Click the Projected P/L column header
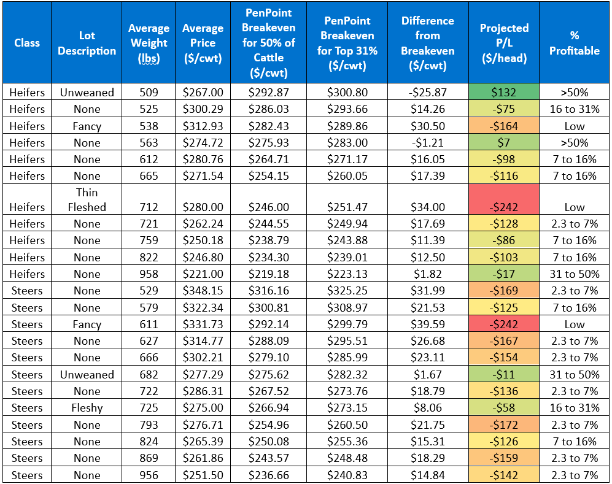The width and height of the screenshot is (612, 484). (x=503, y=43)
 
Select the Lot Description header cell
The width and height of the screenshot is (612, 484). (x=87, y=43)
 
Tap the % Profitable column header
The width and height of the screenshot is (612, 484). (x=574, y=43)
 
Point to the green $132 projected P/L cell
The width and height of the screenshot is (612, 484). (x=503, y=93)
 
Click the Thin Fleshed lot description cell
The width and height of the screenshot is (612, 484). (x=87, y=199)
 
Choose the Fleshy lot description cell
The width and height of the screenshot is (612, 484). (x=87, y=408)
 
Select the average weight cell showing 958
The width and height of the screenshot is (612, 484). (x=149, y=274)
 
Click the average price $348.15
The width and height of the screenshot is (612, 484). (x=203, y=291)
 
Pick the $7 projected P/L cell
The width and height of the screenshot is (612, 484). (x=503, y=143)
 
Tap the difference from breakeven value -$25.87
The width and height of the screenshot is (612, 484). (x=427, y=93)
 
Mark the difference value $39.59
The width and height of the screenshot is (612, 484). (x=427, y=325)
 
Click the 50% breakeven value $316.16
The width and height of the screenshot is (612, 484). (x=268, y=291)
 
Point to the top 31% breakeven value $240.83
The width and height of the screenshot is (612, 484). (x=347, y=475)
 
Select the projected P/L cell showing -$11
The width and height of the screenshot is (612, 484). (x=503, y=375)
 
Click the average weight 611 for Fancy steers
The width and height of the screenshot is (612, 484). (x=149, y=325)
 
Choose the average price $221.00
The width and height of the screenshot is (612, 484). (x=203, y=274)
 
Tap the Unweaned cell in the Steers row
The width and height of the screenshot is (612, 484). (x=87, y=375)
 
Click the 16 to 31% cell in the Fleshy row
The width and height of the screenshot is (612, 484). (x=574, y=408)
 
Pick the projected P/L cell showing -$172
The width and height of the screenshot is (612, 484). (x=503, y=425)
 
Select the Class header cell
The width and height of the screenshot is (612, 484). (x=27, y=43)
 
